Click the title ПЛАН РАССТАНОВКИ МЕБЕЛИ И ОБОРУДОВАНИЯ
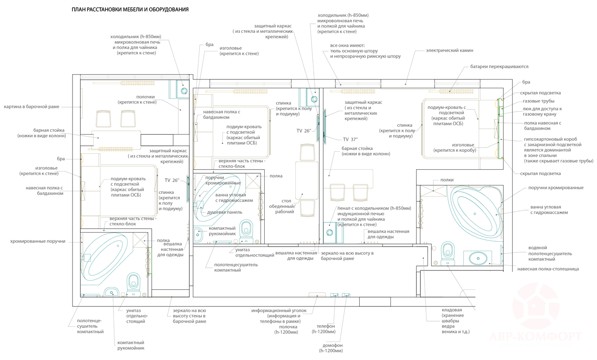[130, 9]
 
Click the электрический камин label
[449, 51]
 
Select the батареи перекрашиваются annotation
[499, 67]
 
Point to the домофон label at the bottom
[331, 347]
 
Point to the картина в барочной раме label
[31, 107]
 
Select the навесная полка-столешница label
[548, 269]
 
